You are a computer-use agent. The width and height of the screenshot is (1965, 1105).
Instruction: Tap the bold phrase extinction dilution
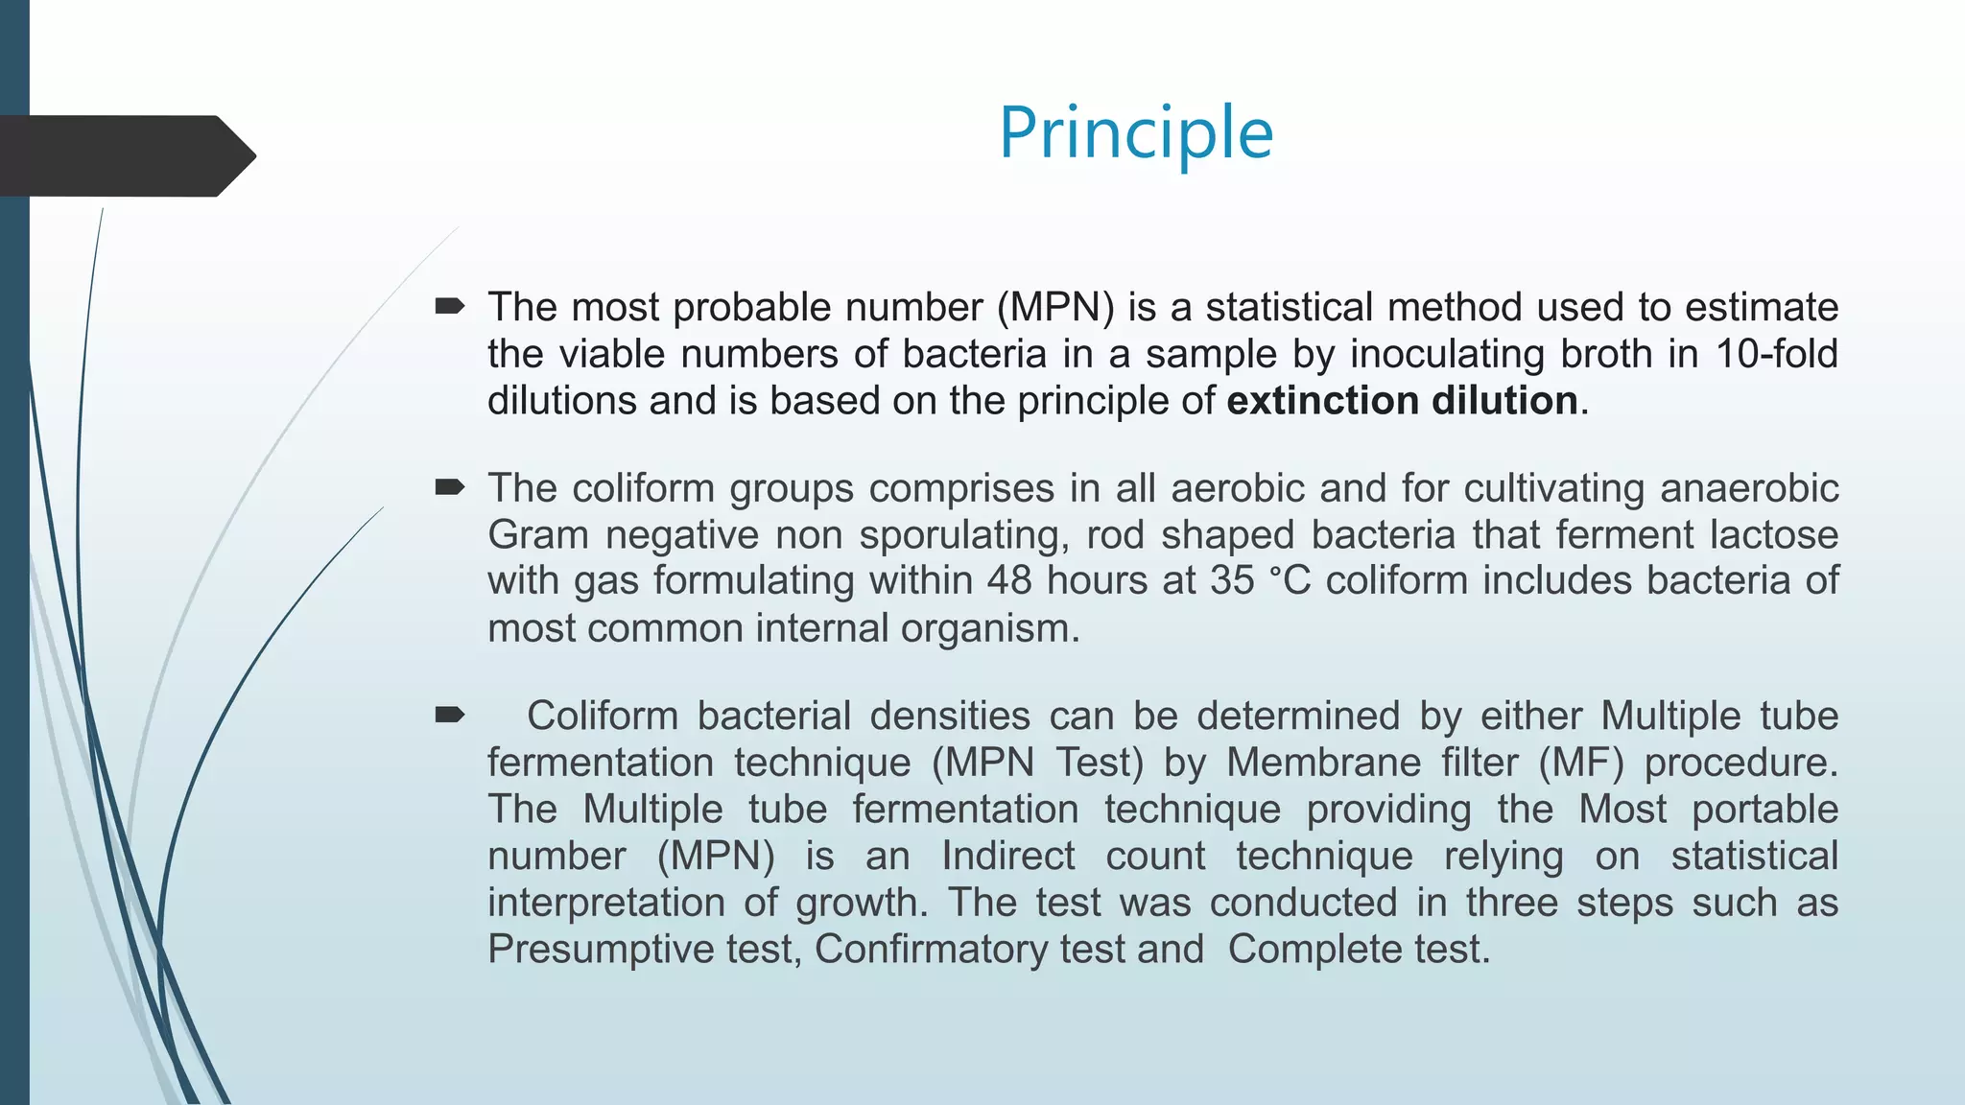point(1402,400)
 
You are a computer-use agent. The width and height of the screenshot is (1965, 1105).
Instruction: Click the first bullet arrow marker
point(449,307)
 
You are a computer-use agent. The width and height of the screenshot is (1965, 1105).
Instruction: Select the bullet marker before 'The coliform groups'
point(449,487)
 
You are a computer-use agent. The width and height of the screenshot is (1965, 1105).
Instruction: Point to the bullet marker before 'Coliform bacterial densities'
point(449,715)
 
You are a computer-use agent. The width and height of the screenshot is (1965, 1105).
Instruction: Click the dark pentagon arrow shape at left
point(125,155)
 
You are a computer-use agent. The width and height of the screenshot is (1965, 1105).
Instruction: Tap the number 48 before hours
point(1009,580)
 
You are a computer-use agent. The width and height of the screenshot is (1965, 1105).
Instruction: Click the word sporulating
point(963,534)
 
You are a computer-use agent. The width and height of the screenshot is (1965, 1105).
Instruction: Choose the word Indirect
point(1007,856)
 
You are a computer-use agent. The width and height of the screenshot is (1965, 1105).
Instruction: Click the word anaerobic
point(1748,487)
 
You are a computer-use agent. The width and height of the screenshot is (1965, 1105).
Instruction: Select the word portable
point(1764,809)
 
